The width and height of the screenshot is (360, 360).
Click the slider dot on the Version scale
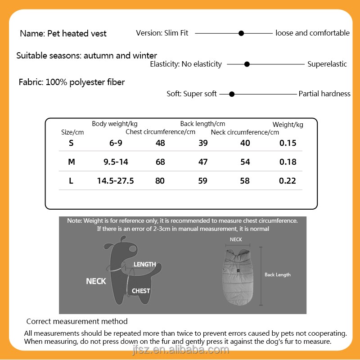pyautogui.click(x=241, y=33)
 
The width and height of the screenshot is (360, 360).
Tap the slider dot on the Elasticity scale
pyautogui.click(x=247, y=64)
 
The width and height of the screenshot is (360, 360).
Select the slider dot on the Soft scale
pyautogui.click(x=232, y=94)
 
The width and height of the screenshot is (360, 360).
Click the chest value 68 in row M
pyautogui.click(x=160, y=162)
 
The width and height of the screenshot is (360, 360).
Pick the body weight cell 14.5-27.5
pyautogui.click(x=116, y=181)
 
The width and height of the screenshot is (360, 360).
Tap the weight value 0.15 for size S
pyautogui.click(x=288, y=143)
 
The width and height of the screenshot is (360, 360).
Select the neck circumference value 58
pyautogui.click(x=245, y=181)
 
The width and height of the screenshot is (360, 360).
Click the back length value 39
pyautogui.click(x=203, y=143)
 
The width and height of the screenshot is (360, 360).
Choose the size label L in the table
pyautogui.click(x=71, y=181)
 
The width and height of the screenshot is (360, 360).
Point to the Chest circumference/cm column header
pyautogui.click(x=160, y=132)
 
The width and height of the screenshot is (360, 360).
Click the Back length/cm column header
pyautogui.click(x=202, y=124)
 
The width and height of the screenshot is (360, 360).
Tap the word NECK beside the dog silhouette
pyautogui.click(x=96, y=281)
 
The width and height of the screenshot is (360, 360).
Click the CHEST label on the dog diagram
pyautogui.click(x=141, y=291)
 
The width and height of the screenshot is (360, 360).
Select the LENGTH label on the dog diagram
pyautogui.click(x=144, y=264)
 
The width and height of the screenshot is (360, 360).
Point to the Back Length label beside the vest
pyautogui.click(x=278, y=274)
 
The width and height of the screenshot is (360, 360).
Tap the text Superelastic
pyautogui.click(x=327, y=64)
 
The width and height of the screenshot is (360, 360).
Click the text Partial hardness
pyautogui.click(x=324, y=94)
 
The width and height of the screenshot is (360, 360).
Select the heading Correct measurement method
pyautogui.click(x=77, y=321)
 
